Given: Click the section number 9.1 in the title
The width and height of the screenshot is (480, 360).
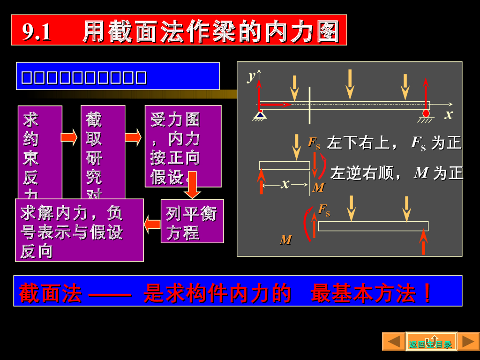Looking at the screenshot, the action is pyautogui.click(x=37, y=32).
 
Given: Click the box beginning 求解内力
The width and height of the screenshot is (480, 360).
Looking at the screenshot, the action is pyautogui.click(x=79, y=230).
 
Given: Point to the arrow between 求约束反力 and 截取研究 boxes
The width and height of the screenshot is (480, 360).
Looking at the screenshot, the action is pyautogui.click(x=69, y=137).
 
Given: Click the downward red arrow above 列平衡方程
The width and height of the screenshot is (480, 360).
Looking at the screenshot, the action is pyautogui.click(x=192, y=186).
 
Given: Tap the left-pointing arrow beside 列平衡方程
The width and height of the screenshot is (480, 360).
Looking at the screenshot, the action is pyautogui.click(x=152, y=224).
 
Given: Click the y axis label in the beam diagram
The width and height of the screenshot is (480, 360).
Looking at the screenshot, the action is pyautogui.click(x=252, y=76).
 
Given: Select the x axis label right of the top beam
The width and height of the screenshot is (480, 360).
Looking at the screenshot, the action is pyautogui.click(x=449, y=114).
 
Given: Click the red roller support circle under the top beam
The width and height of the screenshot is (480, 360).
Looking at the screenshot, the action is pyautogui.click(x=426, y=113).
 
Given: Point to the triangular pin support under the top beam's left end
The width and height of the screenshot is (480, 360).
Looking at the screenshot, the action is pyautogui.click(x=259, y=114).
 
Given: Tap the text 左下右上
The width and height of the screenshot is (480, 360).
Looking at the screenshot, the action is pyautogui.click(x=358, y=143).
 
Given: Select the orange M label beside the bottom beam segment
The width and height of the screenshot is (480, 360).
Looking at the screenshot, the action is pyautogui.click(x=285, y=240).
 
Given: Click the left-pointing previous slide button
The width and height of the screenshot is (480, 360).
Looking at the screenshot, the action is pyautogui.click(x=393, y=341).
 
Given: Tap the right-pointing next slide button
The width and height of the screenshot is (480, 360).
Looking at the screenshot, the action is pyautogui.click(x=468, y=341).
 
